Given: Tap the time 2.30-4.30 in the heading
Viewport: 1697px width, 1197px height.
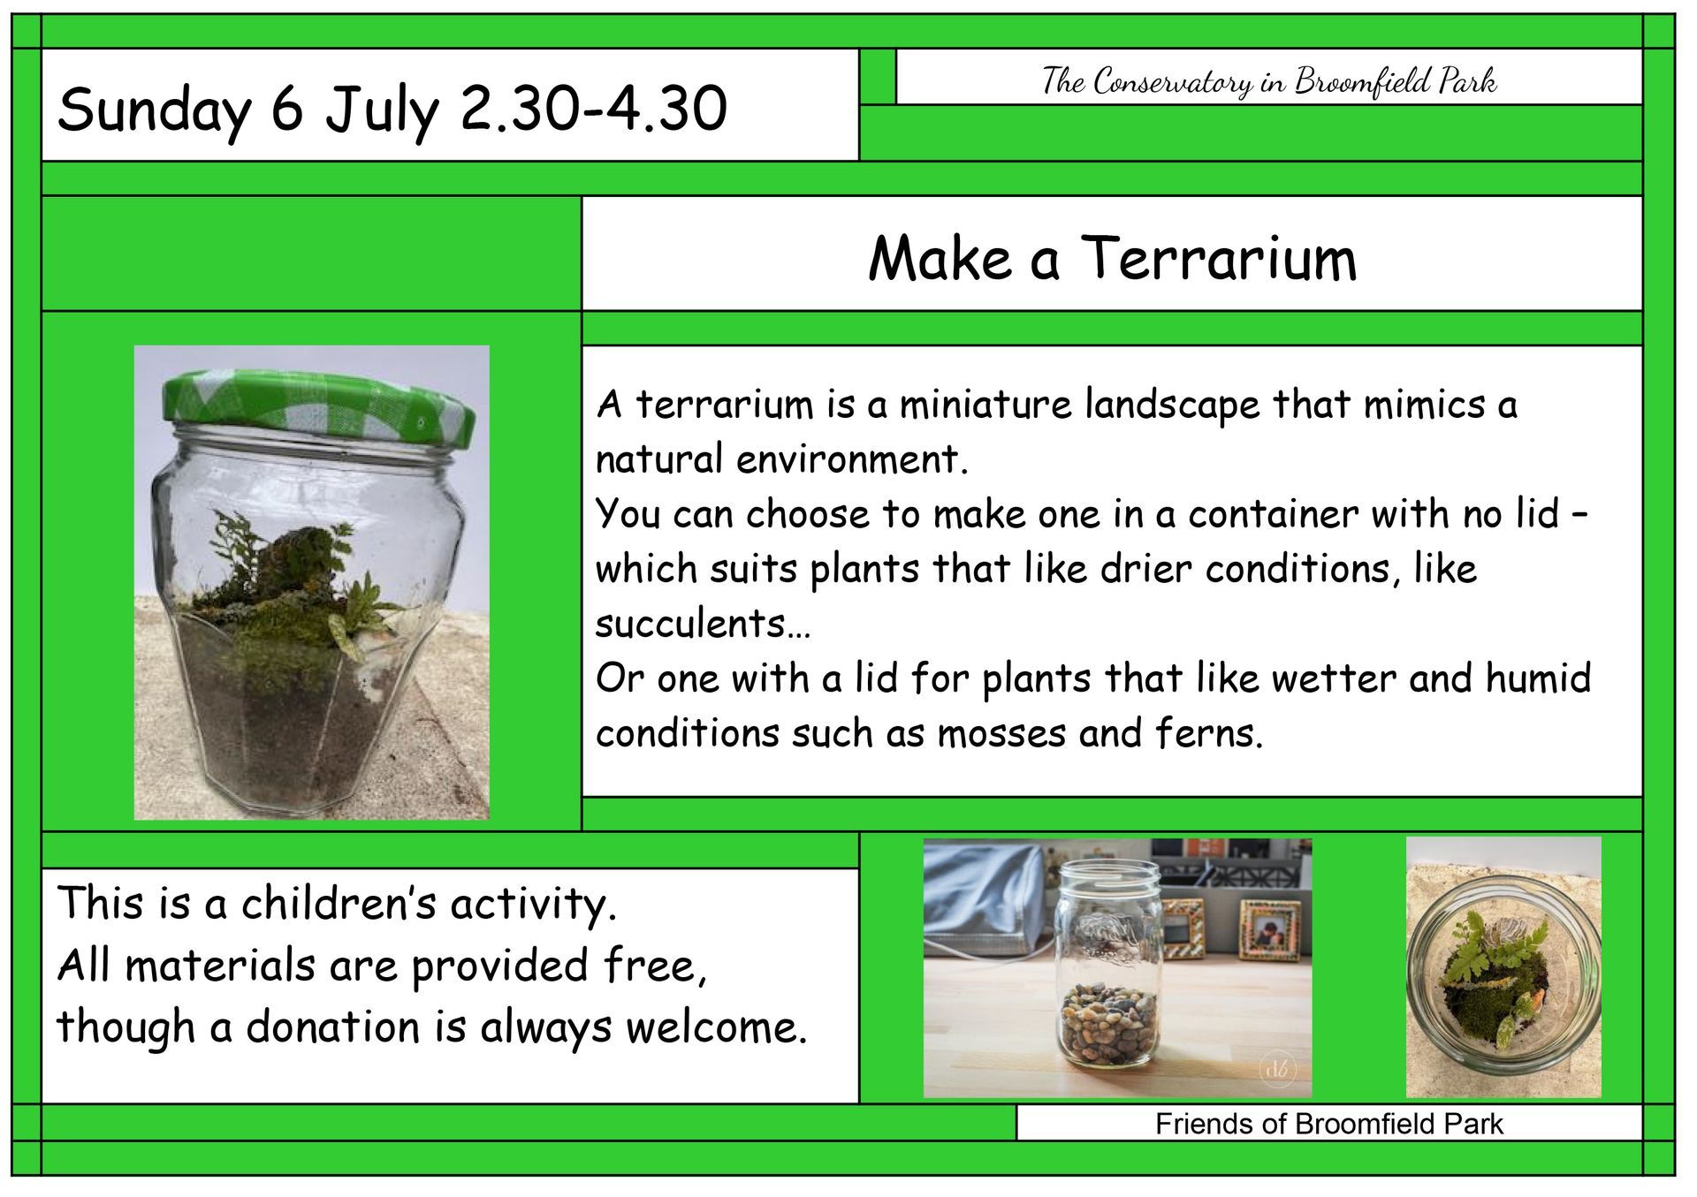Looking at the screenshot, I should click(x=593, y=110).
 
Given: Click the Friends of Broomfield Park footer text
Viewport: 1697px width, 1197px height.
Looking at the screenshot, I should click(x=1328, y=1124).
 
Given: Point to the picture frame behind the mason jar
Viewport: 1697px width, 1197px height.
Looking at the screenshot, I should click(x=1267, y=928).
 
